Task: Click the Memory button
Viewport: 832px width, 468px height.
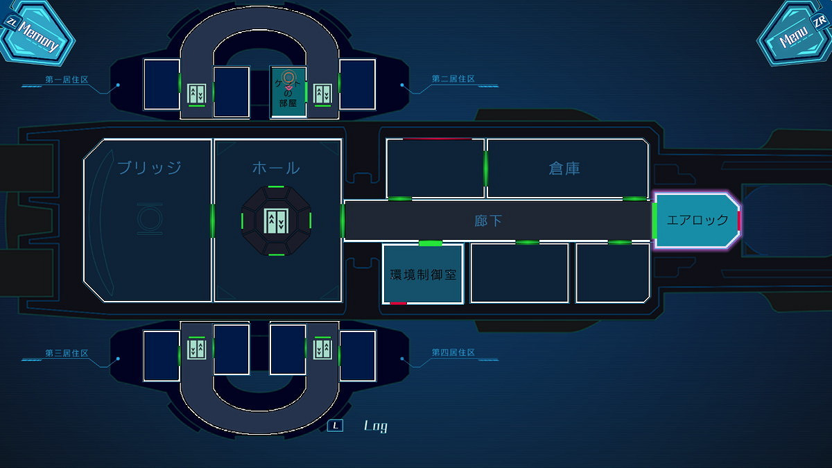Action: coord(38,37)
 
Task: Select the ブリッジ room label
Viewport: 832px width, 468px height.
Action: coord(149,168)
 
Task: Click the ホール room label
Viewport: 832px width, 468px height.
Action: coord(276,168)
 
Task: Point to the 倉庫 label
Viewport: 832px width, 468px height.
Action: coord(564,168)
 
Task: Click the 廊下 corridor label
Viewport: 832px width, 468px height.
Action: coord(488,220)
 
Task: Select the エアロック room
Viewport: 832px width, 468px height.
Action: coord(696,220)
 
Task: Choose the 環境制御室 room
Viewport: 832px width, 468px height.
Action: coord(422,274)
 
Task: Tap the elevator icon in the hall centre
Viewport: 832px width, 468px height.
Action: coord(276,220)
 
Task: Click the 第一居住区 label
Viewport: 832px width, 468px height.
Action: coord(67,80)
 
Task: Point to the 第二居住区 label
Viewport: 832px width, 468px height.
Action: coord(453,79)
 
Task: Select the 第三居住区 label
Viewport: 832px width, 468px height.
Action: coord(67,353)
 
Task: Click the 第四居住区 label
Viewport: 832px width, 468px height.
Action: coord(453,353)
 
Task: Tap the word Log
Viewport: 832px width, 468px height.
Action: coord(376,426)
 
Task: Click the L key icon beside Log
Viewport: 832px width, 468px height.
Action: coord(336,426)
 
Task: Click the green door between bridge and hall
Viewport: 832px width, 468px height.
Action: coord(212,220)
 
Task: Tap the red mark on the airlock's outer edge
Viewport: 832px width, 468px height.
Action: coord(739,220)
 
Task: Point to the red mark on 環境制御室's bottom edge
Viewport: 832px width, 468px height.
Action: coord(398,303)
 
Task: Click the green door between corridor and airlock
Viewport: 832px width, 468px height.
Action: coord(655,220)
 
